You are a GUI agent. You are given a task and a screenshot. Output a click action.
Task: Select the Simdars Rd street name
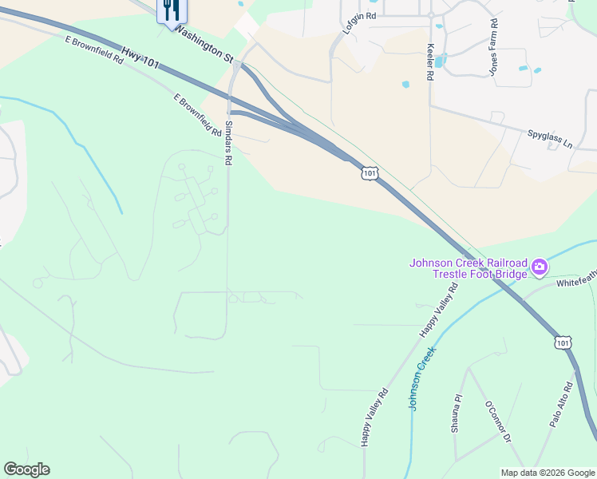coord(227,141)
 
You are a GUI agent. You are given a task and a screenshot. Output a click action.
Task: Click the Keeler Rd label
coord(429,61)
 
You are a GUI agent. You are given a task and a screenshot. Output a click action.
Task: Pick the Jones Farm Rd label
coord(494,46)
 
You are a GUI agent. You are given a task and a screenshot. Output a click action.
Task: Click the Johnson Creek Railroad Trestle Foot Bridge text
coord(469,268)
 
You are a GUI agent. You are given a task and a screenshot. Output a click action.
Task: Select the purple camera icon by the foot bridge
coord(540,266)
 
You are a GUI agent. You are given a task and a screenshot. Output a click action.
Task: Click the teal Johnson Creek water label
coord(422,378)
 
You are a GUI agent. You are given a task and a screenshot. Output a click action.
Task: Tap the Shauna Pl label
coord(457,413)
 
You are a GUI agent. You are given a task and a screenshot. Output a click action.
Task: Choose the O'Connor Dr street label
coord(497,421)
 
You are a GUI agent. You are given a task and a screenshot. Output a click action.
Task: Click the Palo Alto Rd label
coord(562,405)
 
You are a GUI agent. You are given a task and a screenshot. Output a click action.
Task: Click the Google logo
coord(26,469)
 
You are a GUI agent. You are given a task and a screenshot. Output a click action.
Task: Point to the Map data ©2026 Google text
coord(548,473)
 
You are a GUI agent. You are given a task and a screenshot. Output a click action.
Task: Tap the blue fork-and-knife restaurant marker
coord(171,10)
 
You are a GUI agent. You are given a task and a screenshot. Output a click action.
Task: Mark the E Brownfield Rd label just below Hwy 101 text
coord(95,49)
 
